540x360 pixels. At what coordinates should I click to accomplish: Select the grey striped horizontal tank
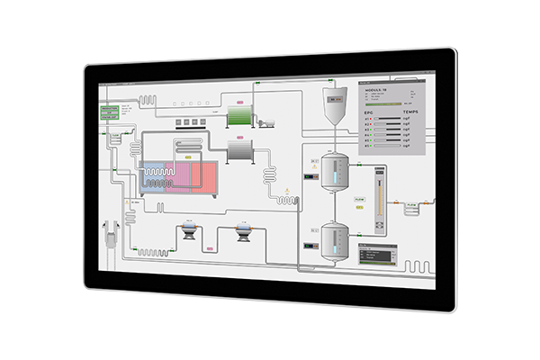(x=242, y=149)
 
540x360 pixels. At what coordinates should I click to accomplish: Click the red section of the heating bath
(x=200, y=174)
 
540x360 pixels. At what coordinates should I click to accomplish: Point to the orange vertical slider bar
(x=378, y=189)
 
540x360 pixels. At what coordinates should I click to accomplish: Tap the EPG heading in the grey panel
(x=367, y=112)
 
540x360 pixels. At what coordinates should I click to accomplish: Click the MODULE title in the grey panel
(x=376, y=92)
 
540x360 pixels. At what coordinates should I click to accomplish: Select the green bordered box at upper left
(x=112, y=112)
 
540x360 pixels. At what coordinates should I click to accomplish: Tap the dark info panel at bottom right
(x=376, y=256)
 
